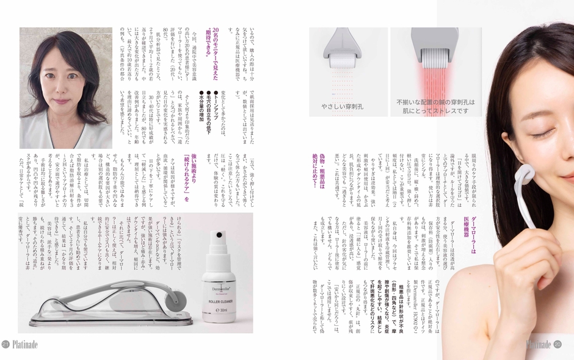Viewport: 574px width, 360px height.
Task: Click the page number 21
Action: point(5,344)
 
